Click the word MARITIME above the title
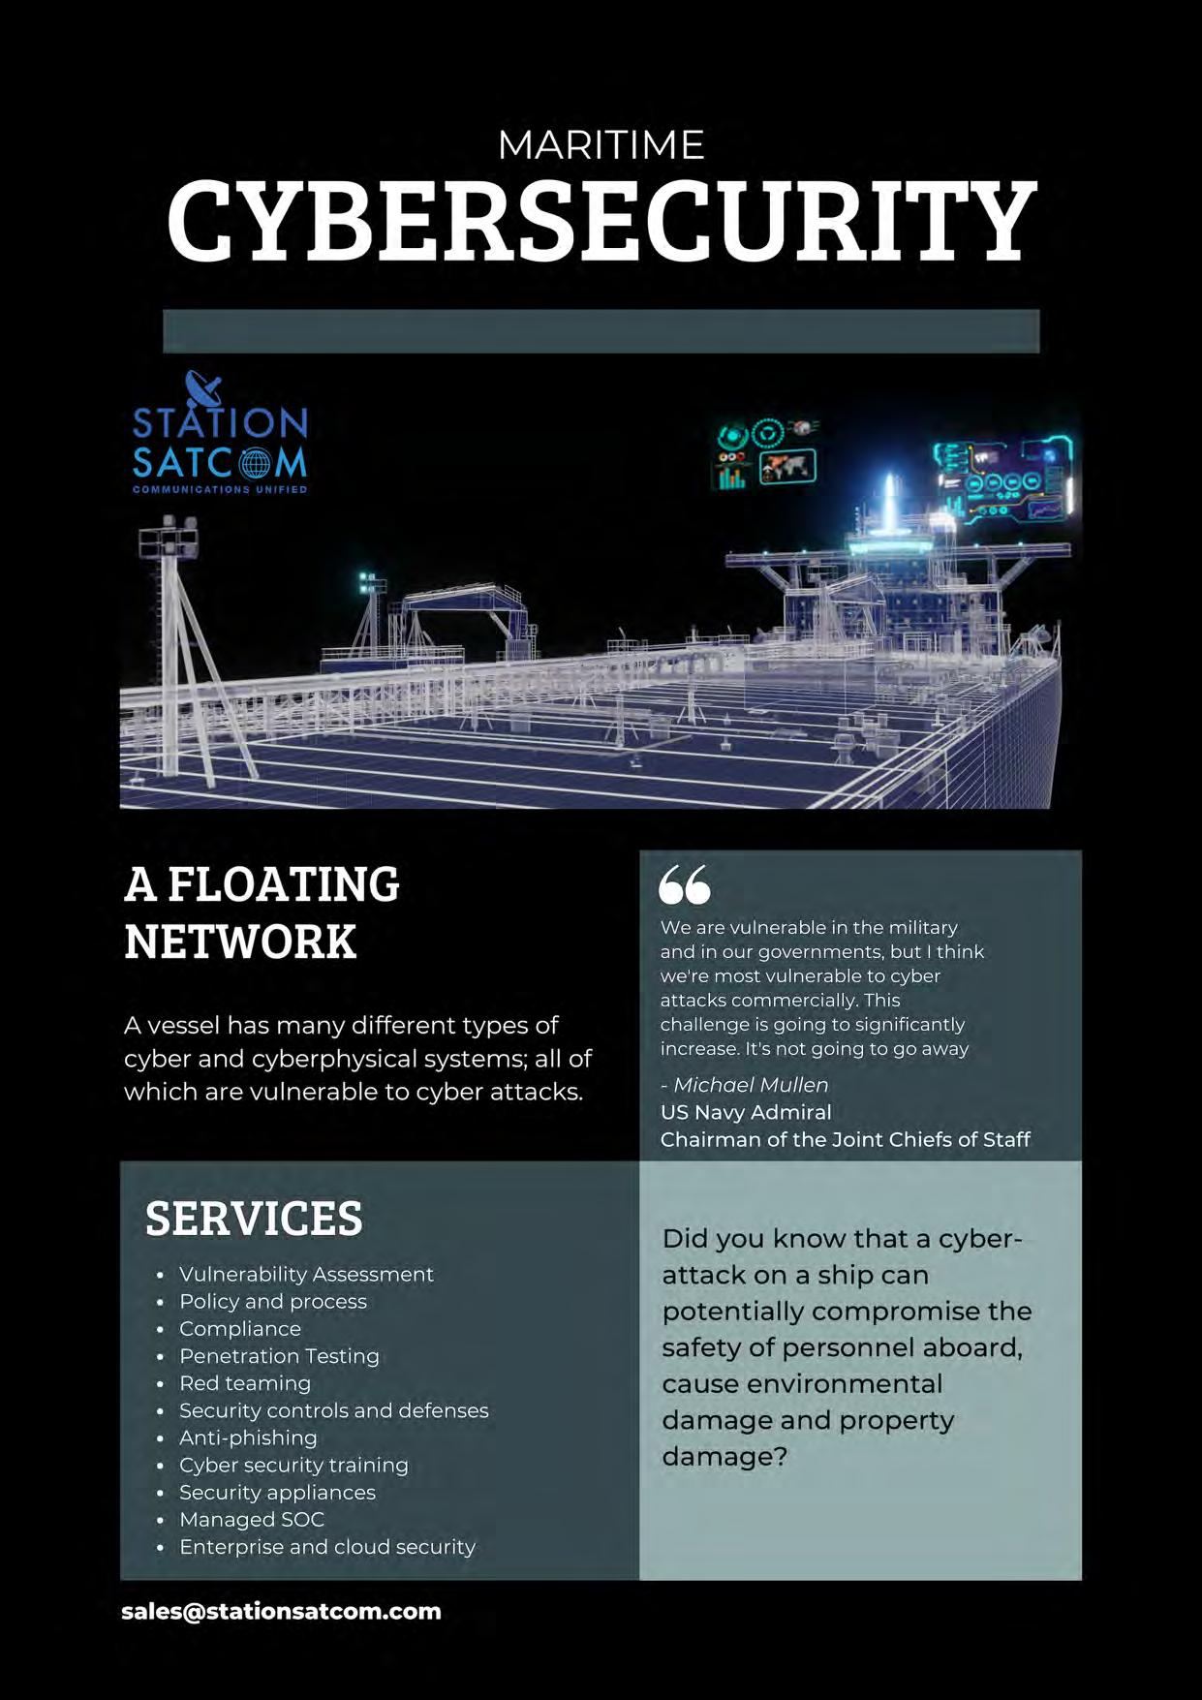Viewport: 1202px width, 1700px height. pos(601,145)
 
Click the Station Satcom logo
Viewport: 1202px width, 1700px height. pos(220,436)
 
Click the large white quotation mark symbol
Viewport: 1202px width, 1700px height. pos(684,883)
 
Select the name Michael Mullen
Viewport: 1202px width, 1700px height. pos(751,1085)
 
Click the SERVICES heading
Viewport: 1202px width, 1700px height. pos(254,1219)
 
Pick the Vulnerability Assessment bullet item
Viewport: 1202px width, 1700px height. pos(306,1274)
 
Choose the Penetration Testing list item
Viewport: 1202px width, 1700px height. pos(279,1356)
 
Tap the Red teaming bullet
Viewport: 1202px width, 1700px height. pos(245,1383)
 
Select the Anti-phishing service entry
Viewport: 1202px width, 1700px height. pos(248,1437)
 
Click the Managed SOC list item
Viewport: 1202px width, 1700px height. pos(252,1519)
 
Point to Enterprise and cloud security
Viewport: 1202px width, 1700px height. pos(327,1547)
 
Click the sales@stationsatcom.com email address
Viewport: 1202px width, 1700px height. pos(281,1611)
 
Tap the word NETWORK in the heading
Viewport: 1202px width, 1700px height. pos(240,942)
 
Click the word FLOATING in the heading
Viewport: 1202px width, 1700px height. pos(283,883)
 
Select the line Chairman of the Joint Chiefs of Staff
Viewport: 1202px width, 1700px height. pos(845,1139)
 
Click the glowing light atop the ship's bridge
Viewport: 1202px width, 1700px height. pos(888,494)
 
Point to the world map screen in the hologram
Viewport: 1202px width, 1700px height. pos(786,468)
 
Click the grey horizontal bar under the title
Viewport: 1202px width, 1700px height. pos(601,331)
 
